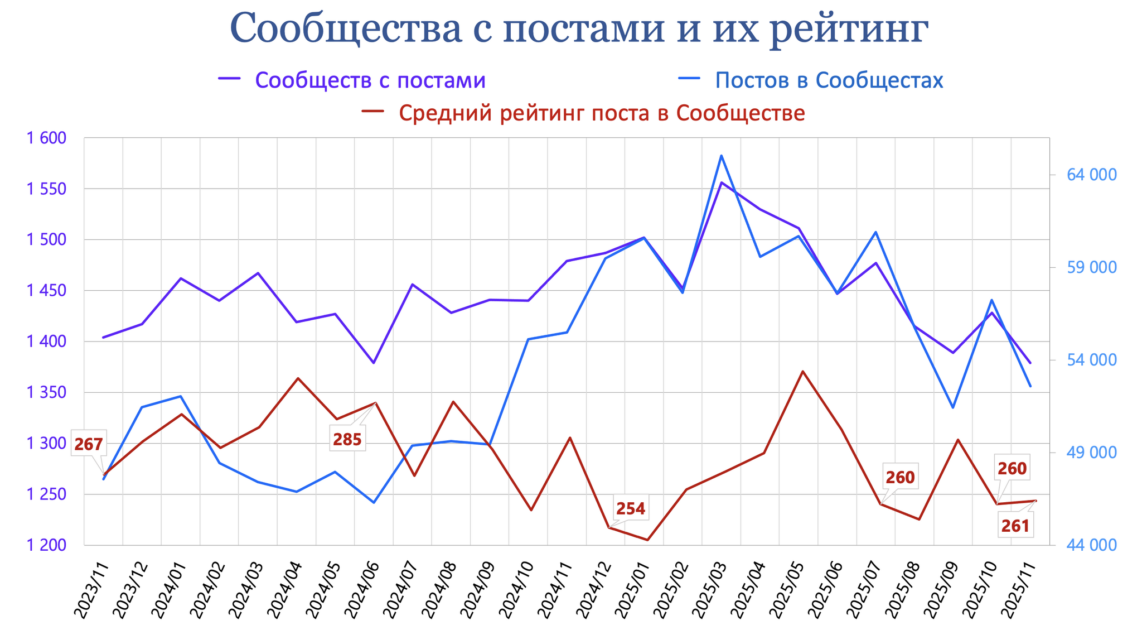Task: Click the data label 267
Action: [89, 445]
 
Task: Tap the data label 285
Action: [347, 440]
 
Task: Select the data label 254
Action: [631, 508]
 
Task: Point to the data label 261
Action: [1015, 526]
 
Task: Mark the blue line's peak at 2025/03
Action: [721, 156]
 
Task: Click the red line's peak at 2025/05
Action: [802, 371]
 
